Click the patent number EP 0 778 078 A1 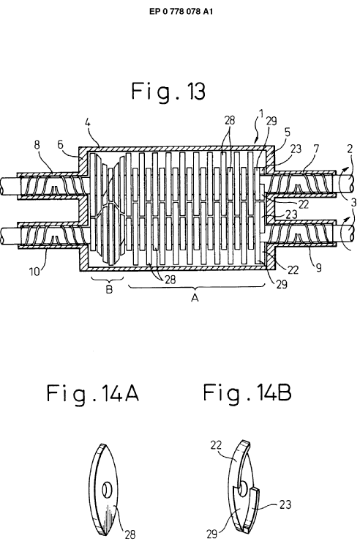pos(181,11)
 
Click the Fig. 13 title pos(168,92)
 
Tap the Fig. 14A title pos(92,393)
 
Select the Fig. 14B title pos(247,392)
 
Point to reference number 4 pos(88,123)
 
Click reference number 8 pos(37,145)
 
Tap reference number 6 pos(60,144)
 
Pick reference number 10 pos(34,272)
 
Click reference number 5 pos(288,133)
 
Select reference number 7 pos(315,149)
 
